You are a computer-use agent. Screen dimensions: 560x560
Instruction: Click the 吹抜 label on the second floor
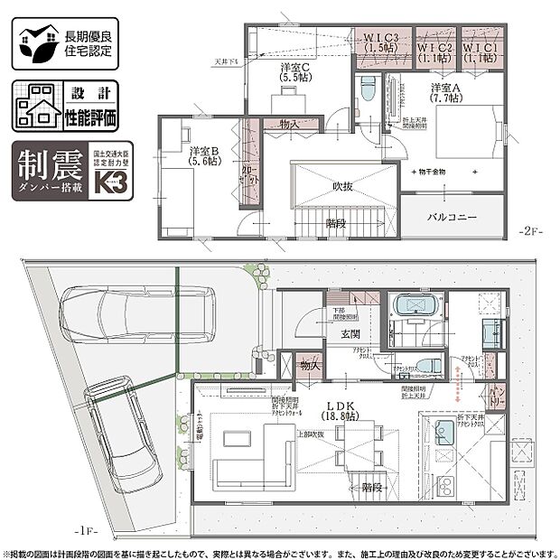click(x=342, y=185)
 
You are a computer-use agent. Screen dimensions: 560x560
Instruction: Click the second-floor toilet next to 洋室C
click(x=367, y=90)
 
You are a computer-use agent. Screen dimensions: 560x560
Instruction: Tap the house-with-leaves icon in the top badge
click(x=35, y=43)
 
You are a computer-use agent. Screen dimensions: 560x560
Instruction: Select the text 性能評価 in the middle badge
click(x=91, y=117)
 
